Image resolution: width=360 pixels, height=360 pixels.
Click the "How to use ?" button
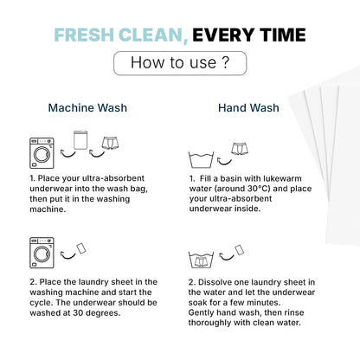point(180,63)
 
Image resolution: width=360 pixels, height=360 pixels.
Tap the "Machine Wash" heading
point(87,108)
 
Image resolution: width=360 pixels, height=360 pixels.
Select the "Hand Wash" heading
point(248,108)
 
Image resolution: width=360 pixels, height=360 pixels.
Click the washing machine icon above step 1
point(42,153)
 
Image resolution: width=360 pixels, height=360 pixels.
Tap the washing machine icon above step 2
point(42,253)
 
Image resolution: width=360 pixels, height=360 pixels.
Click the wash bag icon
point(80,140)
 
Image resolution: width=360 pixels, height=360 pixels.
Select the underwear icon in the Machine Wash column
point(111,143)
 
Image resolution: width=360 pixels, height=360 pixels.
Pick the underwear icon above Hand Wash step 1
point(240,149)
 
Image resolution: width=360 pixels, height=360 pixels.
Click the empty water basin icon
point(201,159)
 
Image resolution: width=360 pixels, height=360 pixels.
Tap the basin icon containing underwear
point(201,260)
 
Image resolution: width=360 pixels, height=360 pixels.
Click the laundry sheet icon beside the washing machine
point(81,248)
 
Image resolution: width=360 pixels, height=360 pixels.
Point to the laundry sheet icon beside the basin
point(239,250)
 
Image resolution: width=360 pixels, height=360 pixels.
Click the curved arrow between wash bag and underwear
point(97,154)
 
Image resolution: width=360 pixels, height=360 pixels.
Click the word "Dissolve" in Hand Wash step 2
point(215,282)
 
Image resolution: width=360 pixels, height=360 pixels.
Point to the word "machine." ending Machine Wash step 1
point(48,209)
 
